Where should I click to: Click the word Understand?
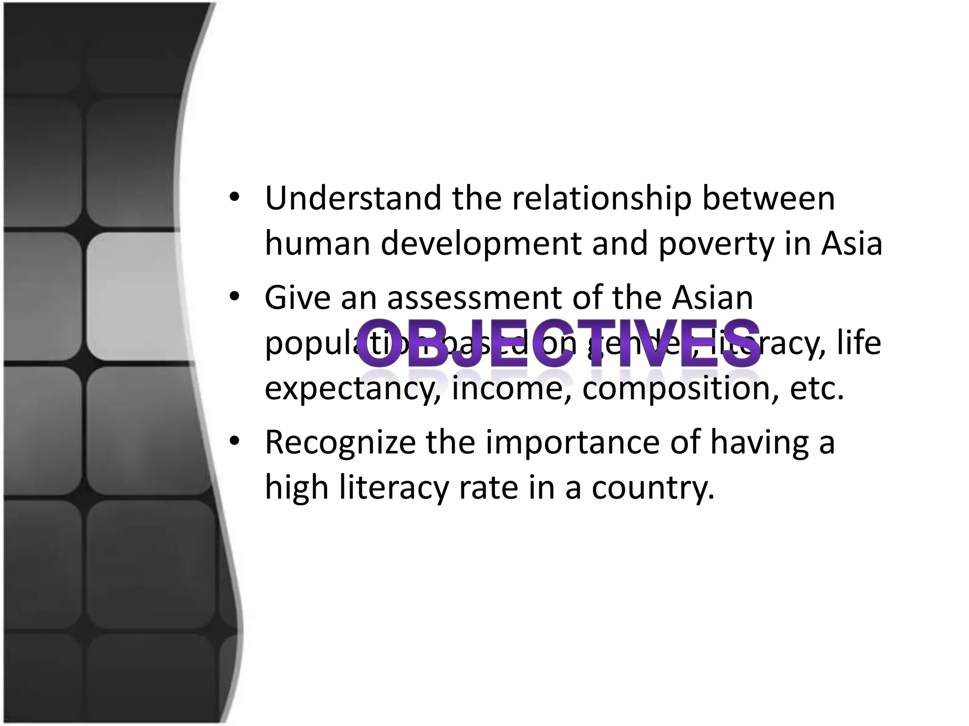pyautogui.click(x=353, y=198)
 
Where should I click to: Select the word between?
pyautogui.click(x=768, y=198)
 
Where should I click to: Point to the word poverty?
pyautogui.click(x=717, y=244)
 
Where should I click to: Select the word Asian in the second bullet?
pyautogui.click(x=713, y=297)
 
